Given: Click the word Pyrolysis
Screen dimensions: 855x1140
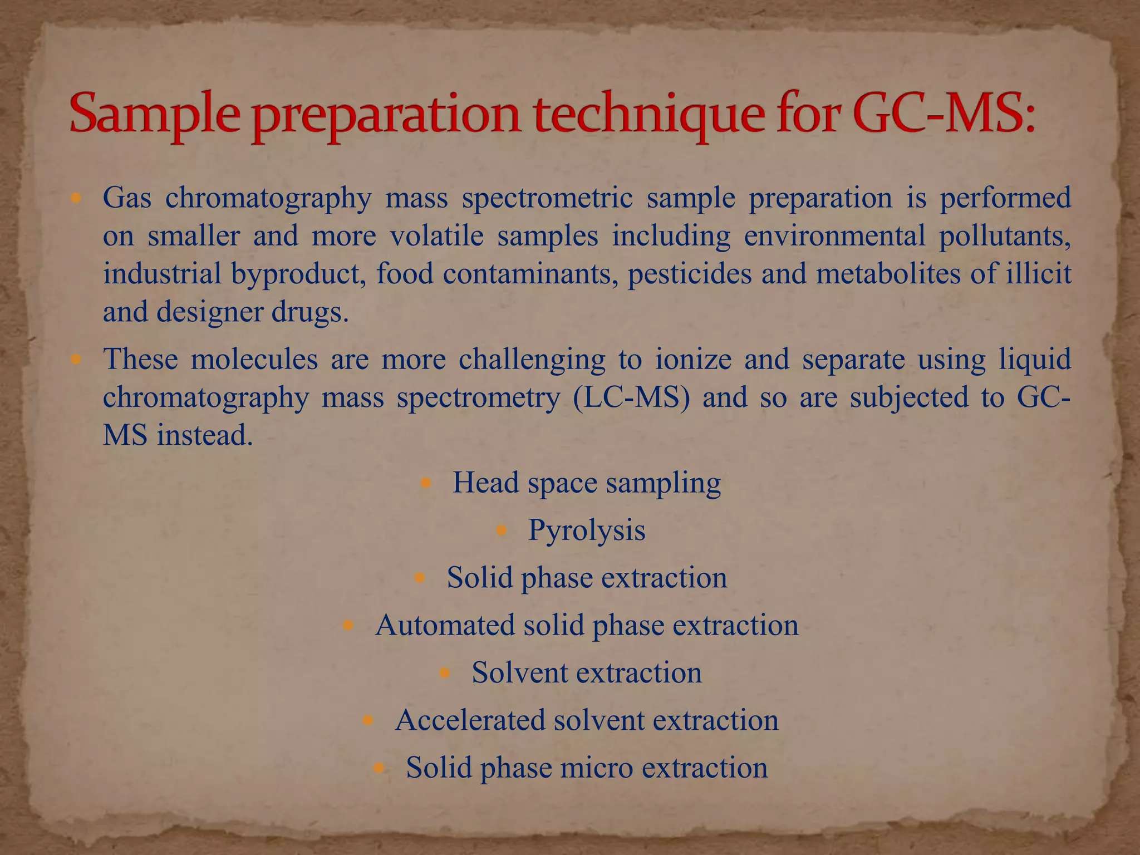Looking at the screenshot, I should (x=587, y=529).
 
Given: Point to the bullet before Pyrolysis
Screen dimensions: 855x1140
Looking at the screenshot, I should (x=502, y=530).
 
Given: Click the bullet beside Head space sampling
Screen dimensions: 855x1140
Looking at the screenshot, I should (x=426, y=483).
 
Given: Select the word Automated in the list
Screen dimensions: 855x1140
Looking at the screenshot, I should (x=445, y=625).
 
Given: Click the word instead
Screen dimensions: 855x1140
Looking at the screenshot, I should (x=205, y=435).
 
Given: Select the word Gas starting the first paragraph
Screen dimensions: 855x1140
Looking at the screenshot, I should (x=127, y=198).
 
